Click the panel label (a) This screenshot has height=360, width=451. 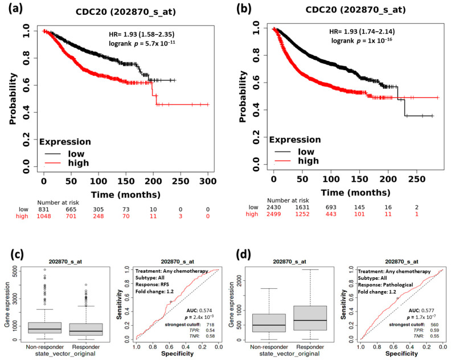[13, 9]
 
